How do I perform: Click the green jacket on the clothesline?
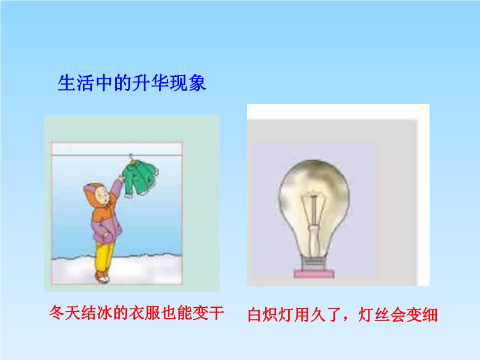pyautogui.click(x=140, y=178)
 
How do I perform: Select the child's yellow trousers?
pyautogui.click(x=104, y=257)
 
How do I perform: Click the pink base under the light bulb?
pyautogui.click(x=314, y=274)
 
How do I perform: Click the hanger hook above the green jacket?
pyautogui.click(x=131, y=157)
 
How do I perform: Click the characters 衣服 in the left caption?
pyautogui.click(x=145, y=313)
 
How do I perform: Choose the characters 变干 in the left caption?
pyautogui.click(x=208, y=313)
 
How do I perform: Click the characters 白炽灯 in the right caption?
pyautogui.click(x=271, y=314)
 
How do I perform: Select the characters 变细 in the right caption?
pyautogui.click(x=422, y=314)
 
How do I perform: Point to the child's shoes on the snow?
pyautogui.click(x=103, y=277)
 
